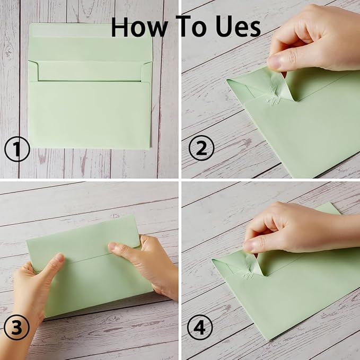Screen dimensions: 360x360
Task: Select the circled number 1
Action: pyautogui.click(x=16, y=150)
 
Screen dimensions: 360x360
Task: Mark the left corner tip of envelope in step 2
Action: pyautogui.click(x=228, y=81)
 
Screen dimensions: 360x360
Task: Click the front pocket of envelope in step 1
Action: pyautogui.click(x=89, y=114)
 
